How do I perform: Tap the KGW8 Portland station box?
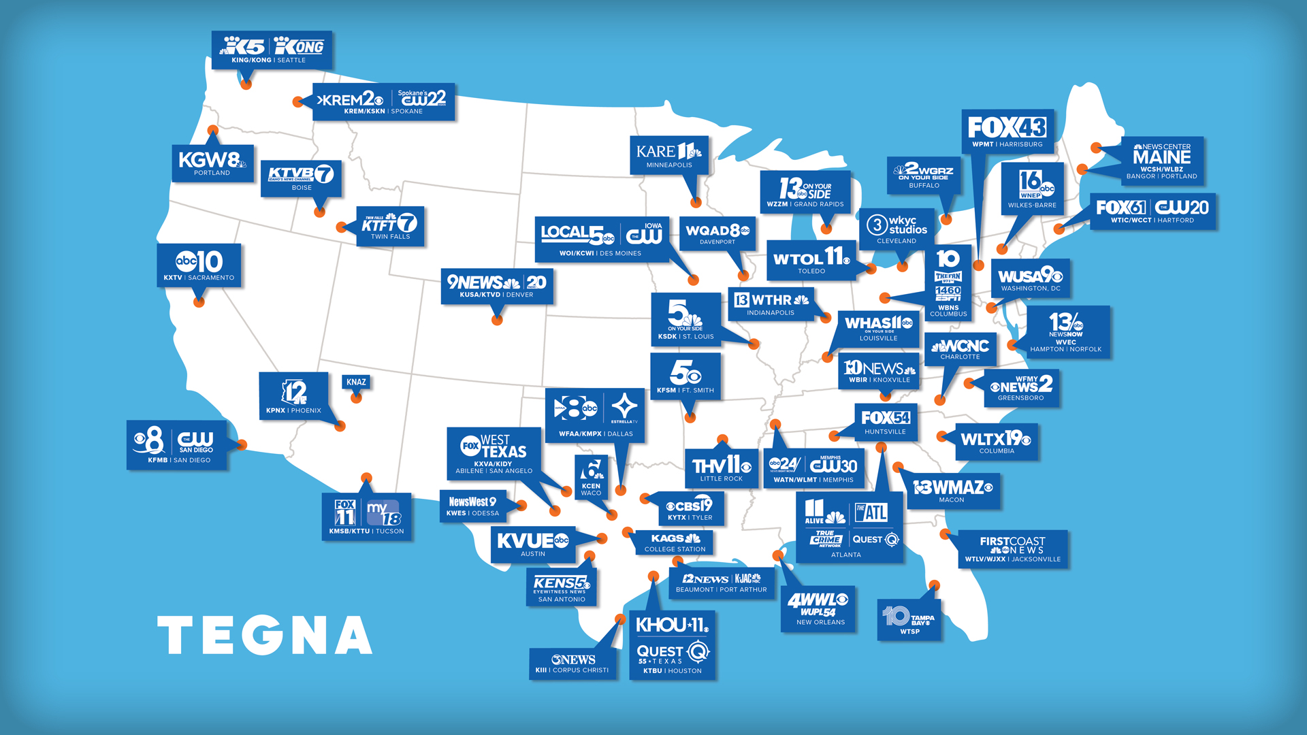212,163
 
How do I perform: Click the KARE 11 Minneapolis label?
668,155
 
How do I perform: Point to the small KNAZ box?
356,382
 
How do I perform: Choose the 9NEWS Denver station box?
496,286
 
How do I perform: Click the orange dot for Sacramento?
199,301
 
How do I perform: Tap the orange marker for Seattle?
246,84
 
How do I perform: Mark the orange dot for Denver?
497,320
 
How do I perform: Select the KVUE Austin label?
532,544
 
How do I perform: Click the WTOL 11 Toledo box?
811,261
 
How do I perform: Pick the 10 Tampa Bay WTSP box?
909,620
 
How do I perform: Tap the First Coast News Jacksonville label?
1012,549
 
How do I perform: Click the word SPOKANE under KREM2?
407,112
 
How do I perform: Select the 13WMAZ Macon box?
952,491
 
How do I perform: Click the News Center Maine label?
1161,161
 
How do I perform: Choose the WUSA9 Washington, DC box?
1030,278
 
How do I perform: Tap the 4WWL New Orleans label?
818,608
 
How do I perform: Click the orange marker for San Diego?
242,444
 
